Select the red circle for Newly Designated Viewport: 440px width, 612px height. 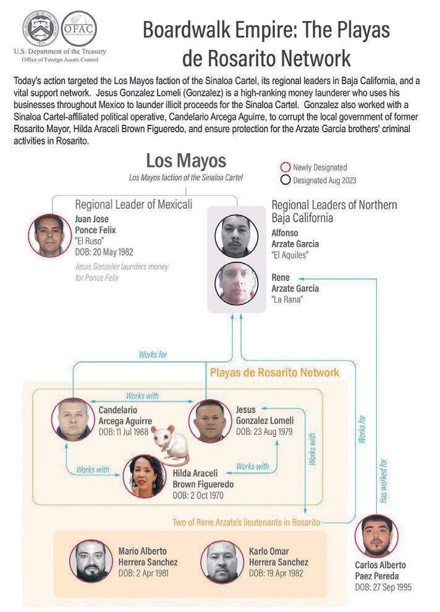click(285, 167)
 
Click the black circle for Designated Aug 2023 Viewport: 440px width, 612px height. click(285, 180)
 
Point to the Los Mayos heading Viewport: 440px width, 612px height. click(185, 162)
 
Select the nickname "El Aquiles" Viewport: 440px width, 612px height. click(290, 254)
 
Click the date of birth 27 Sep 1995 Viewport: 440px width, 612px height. click(383, 587)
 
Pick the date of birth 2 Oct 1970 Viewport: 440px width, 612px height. click(198, 495)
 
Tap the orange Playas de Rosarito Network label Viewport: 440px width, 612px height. click(274, 372)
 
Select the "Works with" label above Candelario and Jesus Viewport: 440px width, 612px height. click(142, 395)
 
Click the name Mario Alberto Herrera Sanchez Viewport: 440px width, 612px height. click(148, 556)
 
